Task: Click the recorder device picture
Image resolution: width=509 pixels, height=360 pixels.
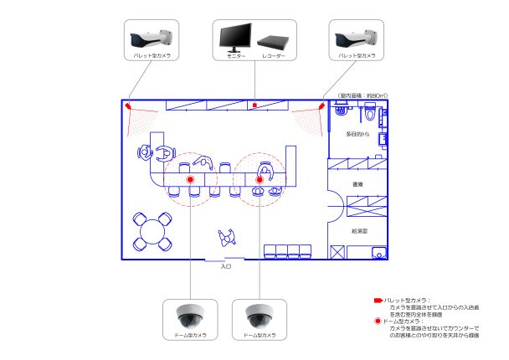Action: coord(272,41)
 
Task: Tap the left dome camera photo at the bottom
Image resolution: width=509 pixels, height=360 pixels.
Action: coord(189,316)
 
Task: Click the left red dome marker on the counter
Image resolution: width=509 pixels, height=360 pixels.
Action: coord(190,179)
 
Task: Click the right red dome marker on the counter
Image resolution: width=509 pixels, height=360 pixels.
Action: coord(260,179)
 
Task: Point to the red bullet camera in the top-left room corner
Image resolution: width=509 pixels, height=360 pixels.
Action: coord(128,105)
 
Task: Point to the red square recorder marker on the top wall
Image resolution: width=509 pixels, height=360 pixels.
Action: coord(254,105)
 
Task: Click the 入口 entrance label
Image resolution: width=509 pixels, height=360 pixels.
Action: coord(225,266)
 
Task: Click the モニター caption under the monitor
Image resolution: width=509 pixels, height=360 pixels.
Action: coord(236,56)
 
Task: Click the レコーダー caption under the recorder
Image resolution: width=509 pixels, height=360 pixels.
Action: coord(273,56)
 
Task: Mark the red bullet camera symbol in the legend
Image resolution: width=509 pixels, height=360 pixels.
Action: coord(378,300)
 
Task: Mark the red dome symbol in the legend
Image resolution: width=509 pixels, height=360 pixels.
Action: coord(378,321)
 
